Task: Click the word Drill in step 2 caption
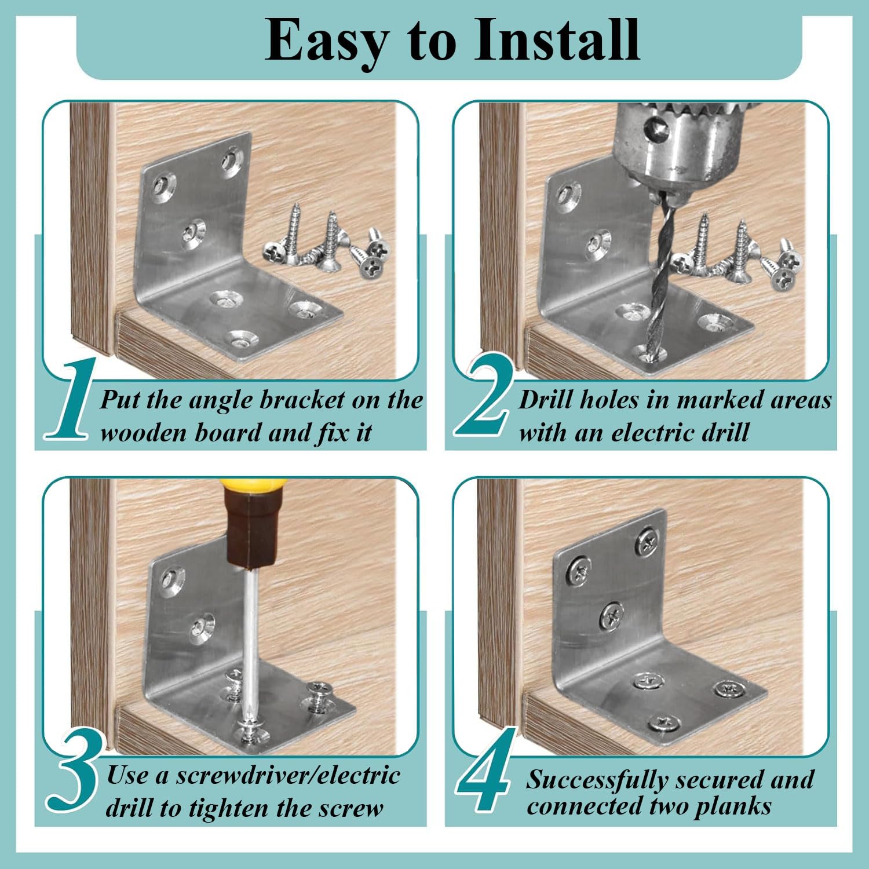pos(545,400)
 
